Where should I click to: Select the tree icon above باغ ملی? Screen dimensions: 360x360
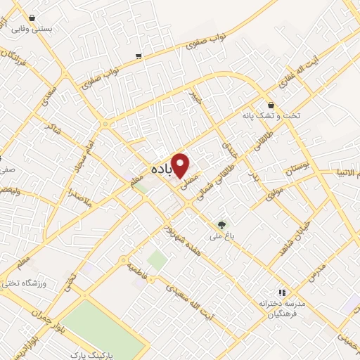coord(222,226)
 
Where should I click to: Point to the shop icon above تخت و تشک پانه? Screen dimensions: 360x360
coord(270,105)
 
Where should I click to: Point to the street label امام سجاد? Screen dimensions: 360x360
coord(79,159)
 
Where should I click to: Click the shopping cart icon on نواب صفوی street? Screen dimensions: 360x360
coord(139,56)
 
